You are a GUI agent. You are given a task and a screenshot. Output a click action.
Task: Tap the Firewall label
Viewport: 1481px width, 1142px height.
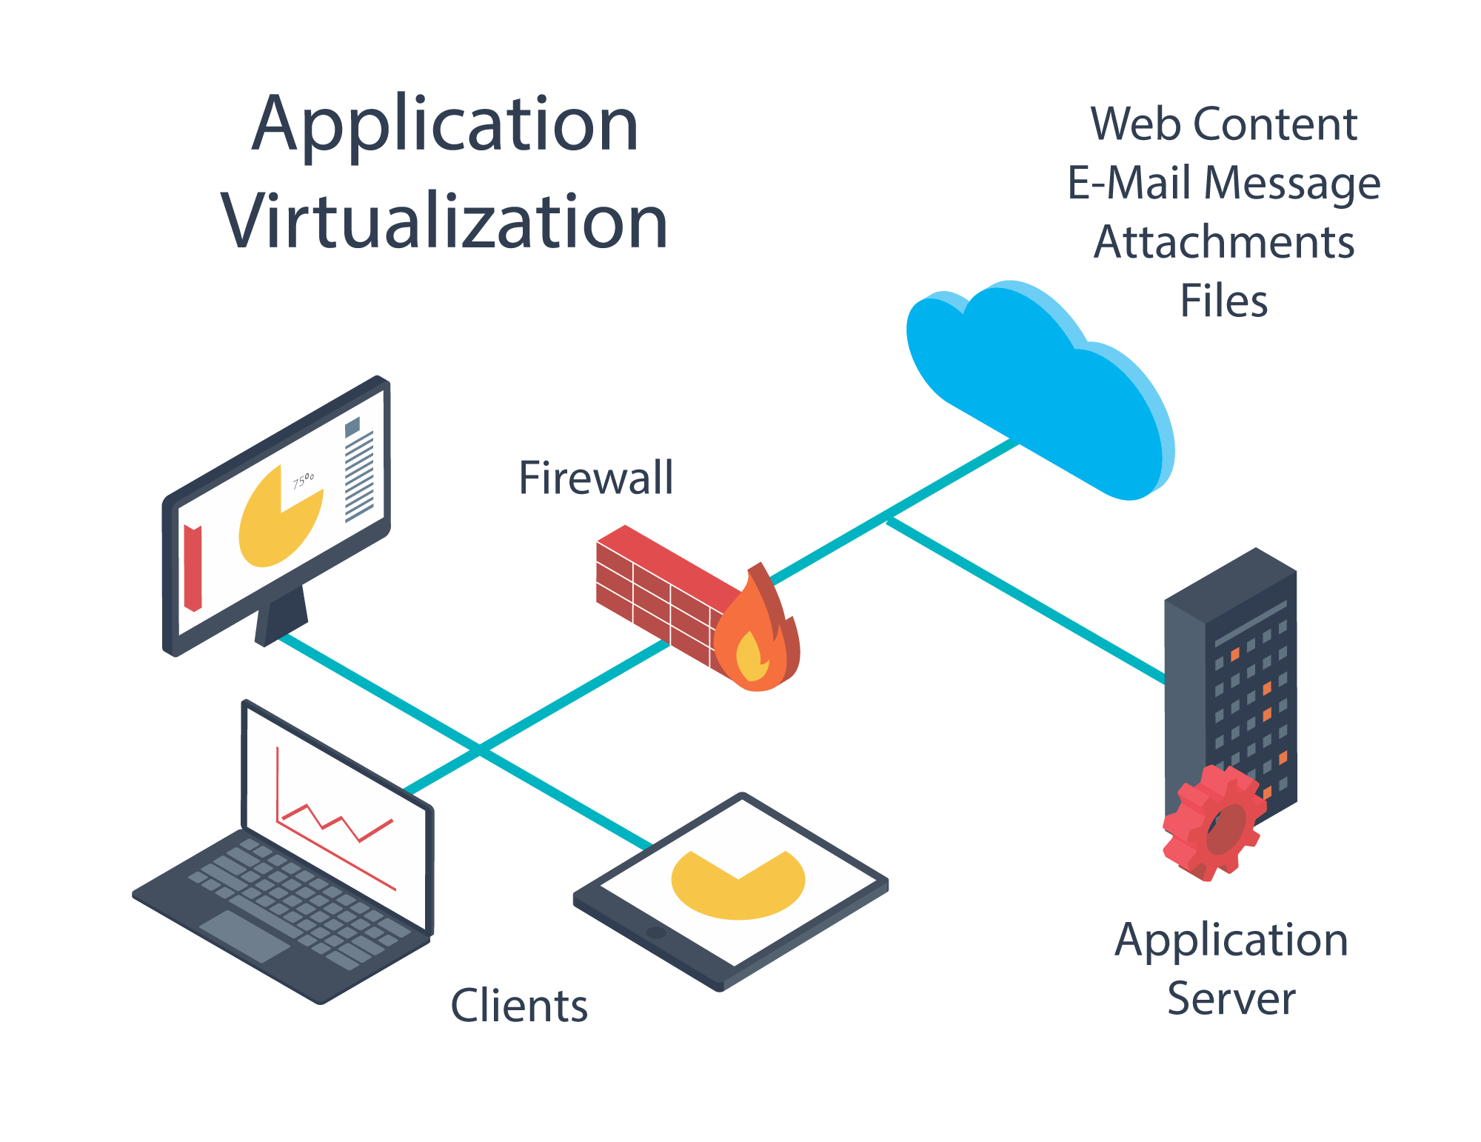(x=596, y=478)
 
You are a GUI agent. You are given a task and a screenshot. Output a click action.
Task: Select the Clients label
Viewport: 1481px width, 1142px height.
(x=519, y=1006)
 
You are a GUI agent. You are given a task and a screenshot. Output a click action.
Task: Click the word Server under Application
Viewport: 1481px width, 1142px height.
(x=1231, y=998)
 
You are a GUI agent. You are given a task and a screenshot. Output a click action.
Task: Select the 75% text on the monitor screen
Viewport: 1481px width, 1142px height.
(x=303, y=481)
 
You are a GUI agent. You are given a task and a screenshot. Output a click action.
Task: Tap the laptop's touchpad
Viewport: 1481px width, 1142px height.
(x=245, y=935)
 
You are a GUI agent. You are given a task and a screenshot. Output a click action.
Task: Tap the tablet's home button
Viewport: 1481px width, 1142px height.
(x=656, y=932)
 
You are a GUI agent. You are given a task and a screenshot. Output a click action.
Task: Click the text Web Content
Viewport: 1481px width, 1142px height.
(x=1223, y=124)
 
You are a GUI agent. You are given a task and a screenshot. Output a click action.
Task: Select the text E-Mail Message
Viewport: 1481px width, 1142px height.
(x=1223, y=183)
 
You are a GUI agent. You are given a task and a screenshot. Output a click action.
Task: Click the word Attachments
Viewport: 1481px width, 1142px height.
(x=1223, y=242)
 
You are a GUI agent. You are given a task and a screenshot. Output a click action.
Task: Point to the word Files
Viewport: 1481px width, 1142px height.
(x=1223, y=301)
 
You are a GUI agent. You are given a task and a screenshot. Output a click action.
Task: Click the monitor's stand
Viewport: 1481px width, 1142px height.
(x=281, y=615)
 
